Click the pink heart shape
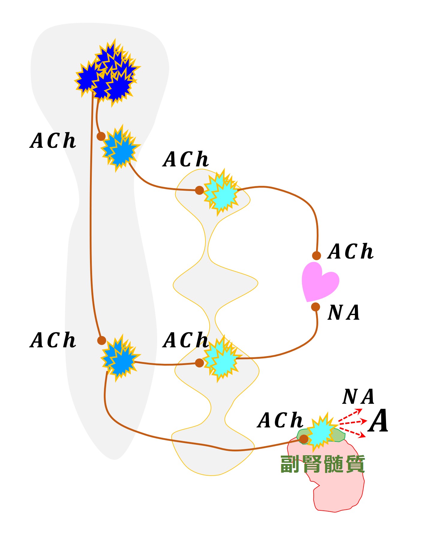pos(319,282)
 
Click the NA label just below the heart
pos(344,313)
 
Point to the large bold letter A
pos(379,421)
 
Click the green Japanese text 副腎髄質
pos(322,464)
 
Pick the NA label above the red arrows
pos(358,397)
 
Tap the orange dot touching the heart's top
pos(316,256)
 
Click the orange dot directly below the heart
pos(316,307)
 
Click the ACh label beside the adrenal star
pos(280,420)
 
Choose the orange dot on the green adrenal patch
pos(304,439)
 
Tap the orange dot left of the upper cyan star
pos(199,190)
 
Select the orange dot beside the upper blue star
pos(101,136)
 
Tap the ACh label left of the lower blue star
pos(53,340)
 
